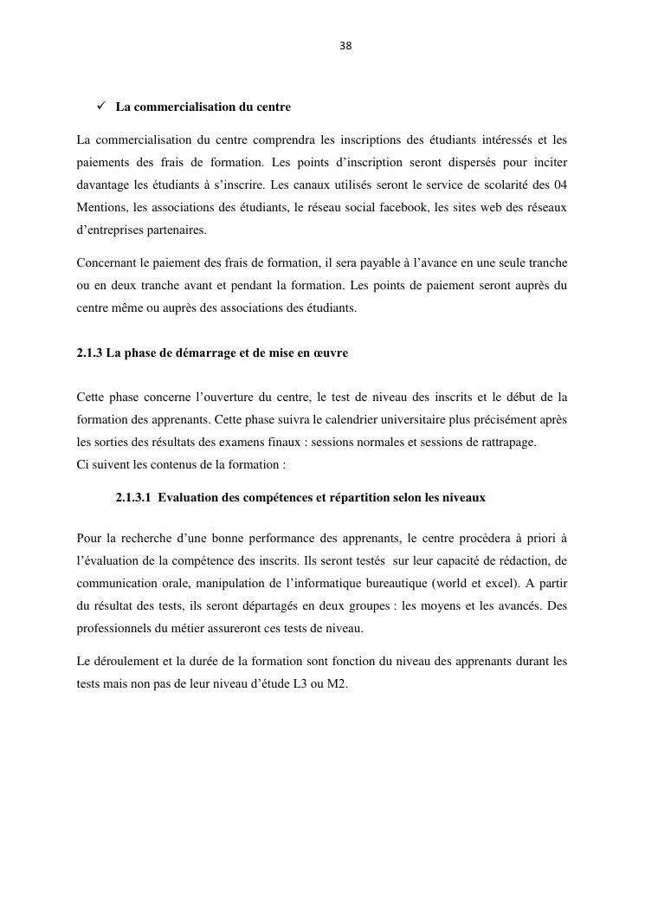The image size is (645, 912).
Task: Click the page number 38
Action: pos(345,46)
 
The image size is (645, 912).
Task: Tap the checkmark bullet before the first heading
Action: pos(100,107)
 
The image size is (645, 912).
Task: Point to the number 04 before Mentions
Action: pos(559,185)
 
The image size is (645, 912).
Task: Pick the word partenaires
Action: pos(177,230)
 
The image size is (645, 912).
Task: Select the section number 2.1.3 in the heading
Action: pos(90,353)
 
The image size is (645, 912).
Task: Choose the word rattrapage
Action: pos(506,442)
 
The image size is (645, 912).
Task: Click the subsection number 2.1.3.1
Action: pos(133,497)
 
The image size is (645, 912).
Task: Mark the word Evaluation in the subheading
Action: pos(187,497)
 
